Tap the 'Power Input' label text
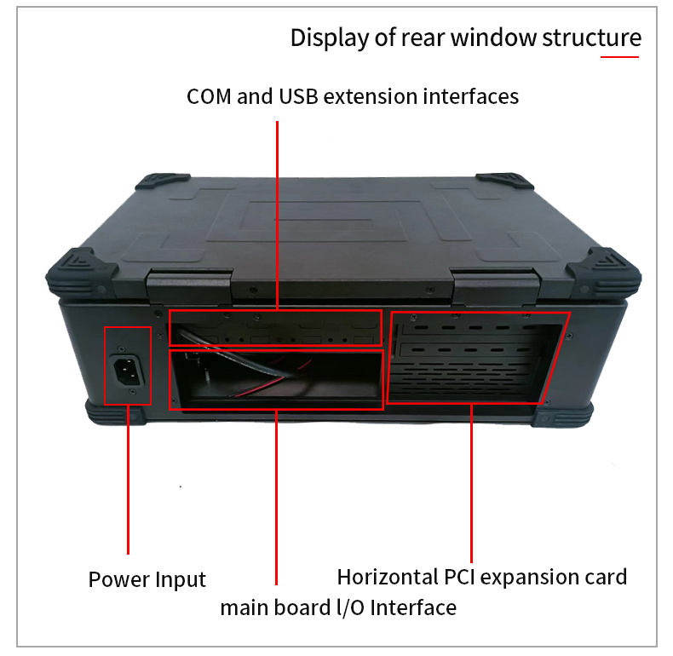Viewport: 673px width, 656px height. pos(147,580)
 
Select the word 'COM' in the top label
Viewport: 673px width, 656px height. pos(209,96)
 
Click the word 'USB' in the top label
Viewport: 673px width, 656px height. pos(299,96)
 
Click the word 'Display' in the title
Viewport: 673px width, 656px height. pos(321,38)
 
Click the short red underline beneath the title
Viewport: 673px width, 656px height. pos(619,57)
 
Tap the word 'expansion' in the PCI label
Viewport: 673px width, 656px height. pos(527,577)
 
